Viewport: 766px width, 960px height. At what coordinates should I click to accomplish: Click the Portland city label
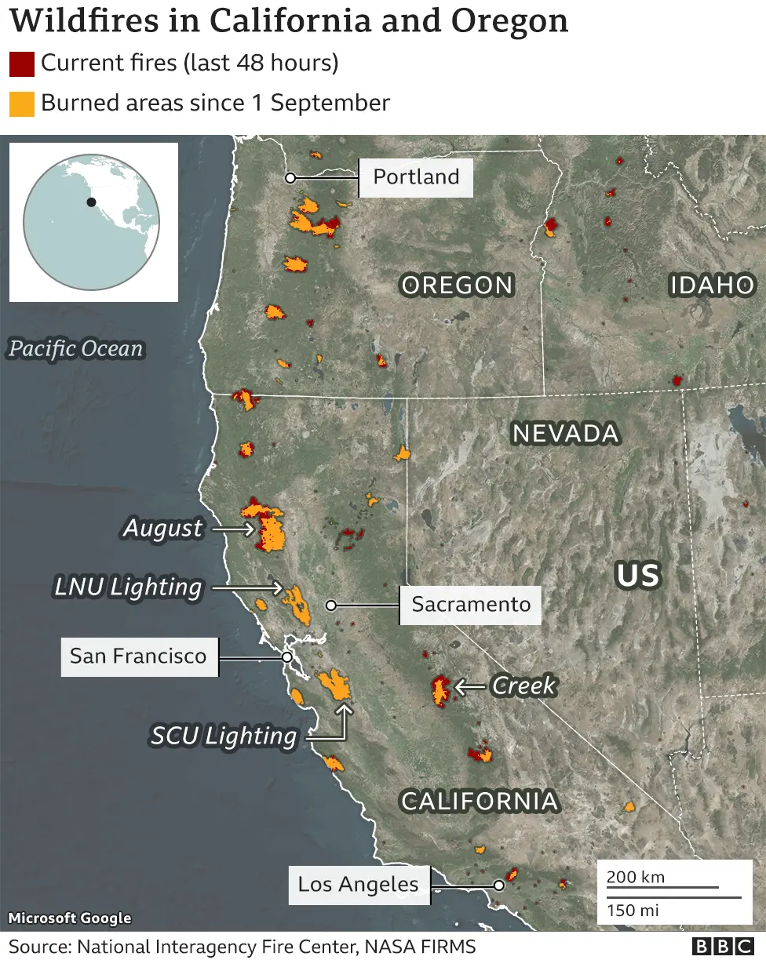[416, 177]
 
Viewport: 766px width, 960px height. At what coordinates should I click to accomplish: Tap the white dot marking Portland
[290, 178]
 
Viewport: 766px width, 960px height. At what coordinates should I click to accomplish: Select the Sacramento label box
[471, 605]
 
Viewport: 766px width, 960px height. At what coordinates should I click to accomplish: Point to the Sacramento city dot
[331, 605]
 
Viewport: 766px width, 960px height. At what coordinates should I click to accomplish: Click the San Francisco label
[138, 656]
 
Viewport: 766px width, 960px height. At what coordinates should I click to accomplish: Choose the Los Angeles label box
[359, 885]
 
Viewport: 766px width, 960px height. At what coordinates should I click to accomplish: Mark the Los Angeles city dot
[498, 885]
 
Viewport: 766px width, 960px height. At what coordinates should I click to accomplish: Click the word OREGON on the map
[457, 285]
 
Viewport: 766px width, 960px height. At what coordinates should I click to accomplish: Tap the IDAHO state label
[712, 285]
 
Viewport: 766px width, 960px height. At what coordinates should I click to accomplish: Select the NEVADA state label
[565, 433]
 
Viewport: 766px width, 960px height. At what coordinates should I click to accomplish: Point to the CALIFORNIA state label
[479, 801]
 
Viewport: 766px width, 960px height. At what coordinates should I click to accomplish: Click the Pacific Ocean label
[76, 349]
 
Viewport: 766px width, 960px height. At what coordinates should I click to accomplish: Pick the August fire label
[162, 529]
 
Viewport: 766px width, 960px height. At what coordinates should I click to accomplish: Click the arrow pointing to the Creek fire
[470, 687]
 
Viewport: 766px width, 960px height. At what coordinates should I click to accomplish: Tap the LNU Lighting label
[128, 587]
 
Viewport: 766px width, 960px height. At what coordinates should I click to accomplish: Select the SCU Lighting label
[224, 736]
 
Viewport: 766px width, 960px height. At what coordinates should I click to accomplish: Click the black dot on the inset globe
[92, 202]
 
